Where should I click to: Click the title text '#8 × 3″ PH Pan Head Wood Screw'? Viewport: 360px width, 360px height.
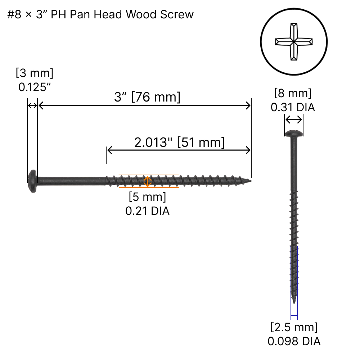[100, 15]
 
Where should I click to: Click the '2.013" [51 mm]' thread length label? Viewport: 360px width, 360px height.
[179, 143]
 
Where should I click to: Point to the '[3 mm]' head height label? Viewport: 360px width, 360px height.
[35, 73]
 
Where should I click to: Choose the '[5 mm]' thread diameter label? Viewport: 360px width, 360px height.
[147, 197]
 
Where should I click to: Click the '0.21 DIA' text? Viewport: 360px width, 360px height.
[147, 211]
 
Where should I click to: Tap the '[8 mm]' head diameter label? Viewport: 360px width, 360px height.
[293, 93]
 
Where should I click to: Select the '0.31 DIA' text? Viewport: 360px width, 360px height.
[293, 107]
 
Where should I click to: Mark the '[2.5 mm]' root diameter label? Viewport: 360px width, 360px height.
[294, 327]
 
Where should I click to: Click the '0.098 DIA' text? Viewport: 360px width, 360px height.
[294, 341]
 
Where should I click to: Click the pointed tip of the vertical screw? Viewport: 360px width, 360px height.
[294, 302]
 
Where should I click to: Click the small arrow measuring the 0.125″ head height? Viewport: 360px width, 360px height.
[32, 105]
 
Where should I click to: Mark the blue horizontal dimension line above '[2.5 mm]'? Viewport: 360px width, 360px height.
[294, 315]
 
